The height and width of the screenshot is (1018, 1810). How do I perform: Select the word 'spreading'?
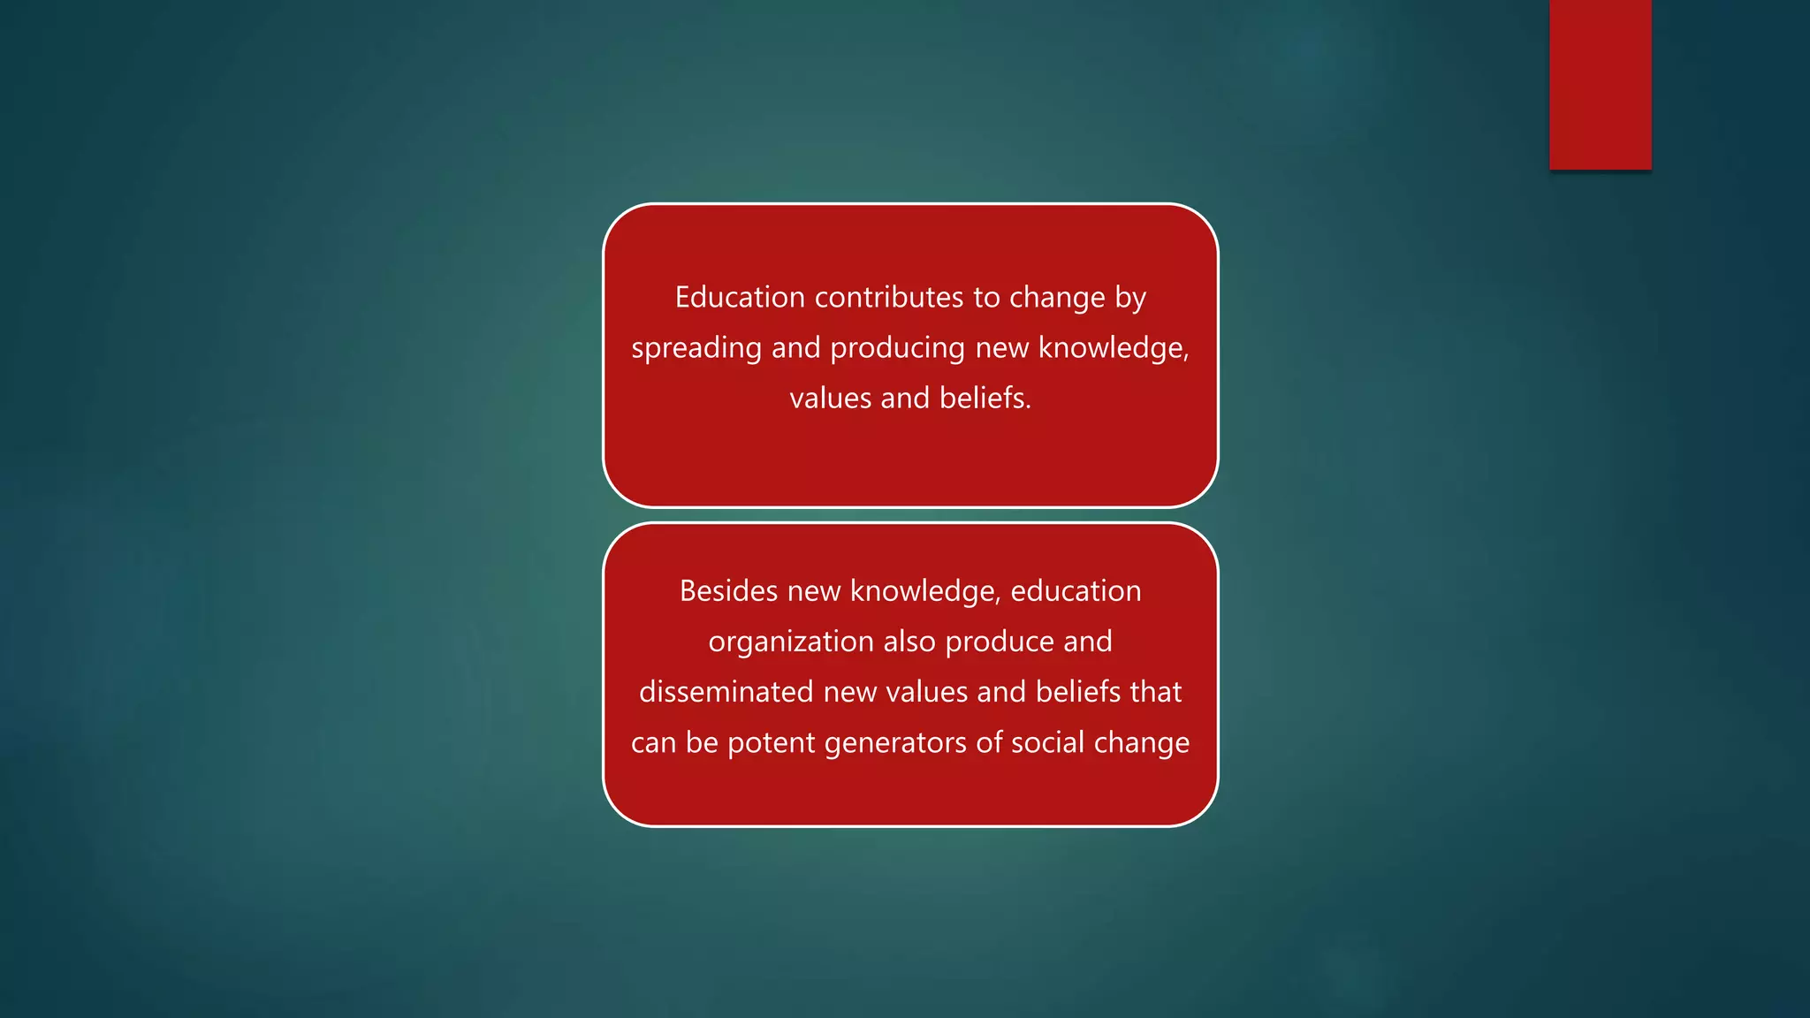(x=696, y=348)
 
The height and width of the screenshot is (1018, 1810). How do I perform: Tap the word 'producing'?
(x=897, y=348)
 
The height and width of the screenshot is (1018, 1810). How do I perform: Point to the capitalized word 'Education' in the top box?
(x=740, y=298)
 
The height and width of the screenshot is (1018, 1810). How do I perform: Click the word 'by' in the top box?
(x=1130, y=298)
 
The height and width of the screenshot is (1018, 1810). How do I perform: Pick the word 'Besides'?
(x=728, y=591)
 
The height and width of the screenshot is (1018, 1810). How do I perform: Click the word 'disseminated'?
(x=726, y=692)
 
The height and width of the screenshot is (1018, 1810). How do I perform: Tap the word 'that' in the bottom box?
(x=1155, y=692)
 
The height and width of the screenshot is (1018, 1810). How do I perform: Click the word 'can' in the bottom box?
(x=653, y=743)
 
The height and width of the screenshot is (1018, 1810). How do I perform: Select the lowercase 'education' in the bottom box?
(x=1076, y=591)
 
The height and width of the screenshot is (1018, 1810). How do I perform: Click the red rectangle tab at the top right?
(x=1600, y=84)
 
